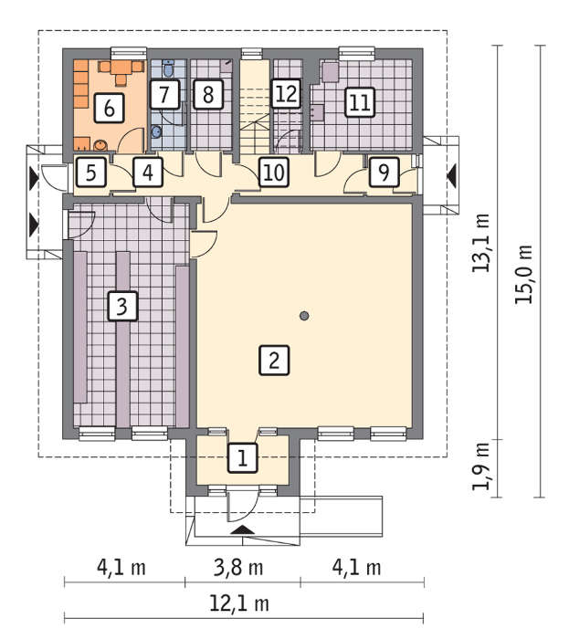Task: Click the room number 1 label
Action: (x=243, y=458)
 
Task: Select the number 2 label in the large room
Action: (x=274, y=361)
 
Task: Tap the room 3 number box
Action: (x=122, y=306)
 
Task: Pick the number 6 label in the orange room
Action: (x=109, y=108)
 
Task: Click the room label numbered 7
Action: (x=164, y=95)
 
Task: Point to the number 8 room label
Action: (x=208, y=95)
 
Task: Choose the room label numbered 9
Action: (x=384, y=172)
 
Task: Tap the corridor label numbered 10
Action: (x=274, y=172)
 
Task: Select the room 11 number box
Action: (x=360, y=102)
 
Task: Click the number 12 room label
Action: (x=287, y=94)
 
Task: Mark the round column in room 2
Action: (x=304, y=316)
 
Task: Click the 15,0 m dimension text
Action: (x=524, y=274)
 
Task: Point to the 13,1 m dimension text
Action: (x=481, y=243)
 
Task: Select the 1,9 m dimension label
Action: (x=481, y=466)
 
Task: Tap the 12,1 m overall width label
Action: (x=239, y=603)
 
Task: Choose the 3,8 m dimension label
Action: (x=238, y=568)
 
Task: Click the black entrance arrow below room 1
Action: (x=243, y=529)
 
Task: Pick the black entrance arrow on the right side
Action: (x=451, y=176)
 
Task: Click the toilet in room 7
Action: (x=168, y=68)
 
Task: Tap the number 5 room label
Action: (x=91, y=172)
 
